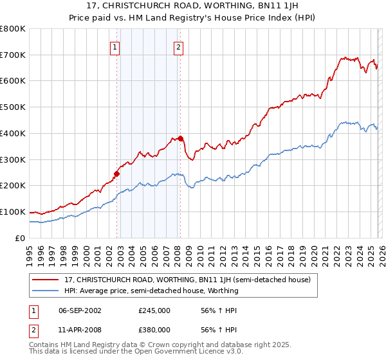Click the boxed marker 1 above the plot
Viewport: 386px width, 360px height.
115,46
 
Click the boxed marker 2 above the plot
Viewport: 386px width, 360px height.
178,46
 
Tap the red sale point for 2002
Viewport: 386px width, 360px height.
116,173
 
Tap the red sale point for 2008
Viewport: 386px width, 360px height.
181,138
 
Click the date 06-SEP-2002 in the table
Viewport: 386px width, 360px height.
80,310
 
